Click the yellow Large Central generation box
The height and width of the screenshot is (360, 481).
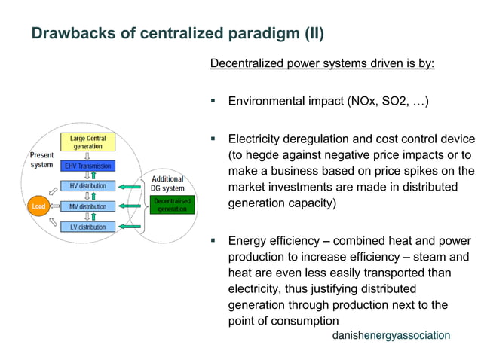87,142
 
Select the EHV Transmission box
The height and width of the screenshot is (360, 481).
87,166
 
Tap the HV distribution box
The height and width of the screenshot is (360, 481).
87,186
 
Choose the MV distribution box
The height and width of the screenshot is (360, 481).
87,206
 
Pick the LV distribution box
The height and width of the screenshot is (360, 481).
87,227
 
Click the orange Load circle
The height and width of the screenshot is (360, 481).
37,206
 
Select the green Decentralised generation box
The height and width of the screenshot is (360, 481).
172,204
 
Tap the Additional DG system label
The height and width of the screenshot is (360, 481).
167,183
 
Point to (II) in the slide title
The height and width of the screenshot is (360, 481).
311,34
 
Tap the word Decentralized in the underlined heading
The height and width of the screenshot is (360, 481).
248,63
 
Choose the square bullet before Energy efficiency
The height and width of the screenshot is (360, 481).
213,241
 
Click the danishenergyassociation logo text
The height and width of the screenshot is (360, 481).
391,334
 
